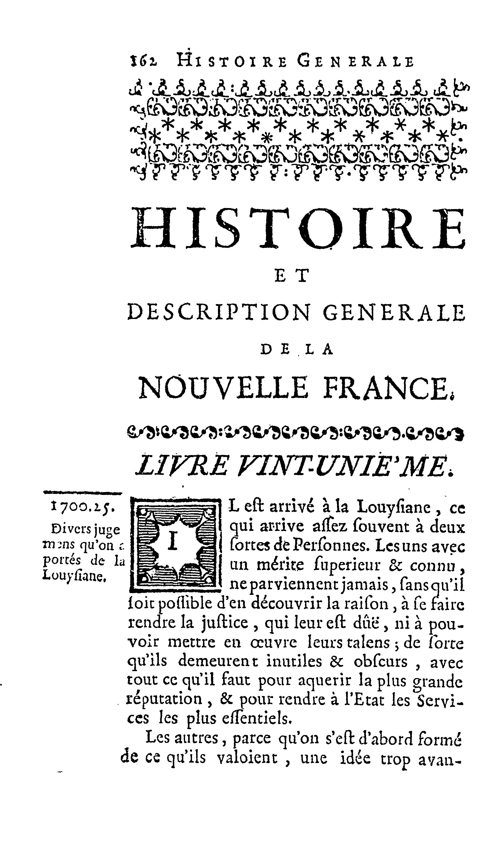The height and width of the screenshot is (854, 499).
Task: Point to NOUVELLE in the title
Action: (x=224, y=388)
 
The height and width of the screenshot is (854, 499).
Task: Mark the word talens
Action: (x=373, y=643)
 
